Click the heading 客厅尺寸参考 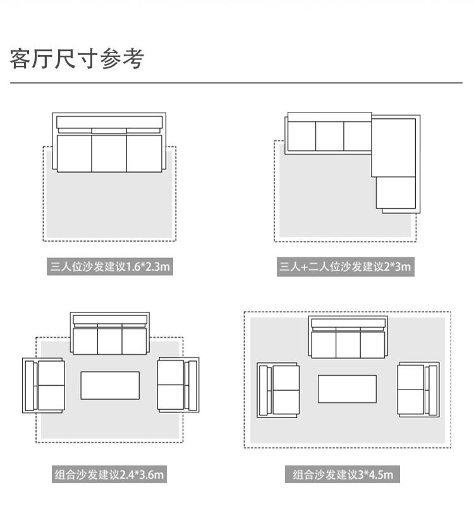click(x=76, y=59)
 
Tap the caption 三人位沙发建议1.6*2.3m click(x=110, y=266)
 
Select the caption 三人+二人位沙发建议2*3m click(x=345, y=266)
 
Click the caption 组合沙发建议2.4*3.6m click(x=109, y=474)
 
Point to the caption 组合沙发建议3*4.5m click(x=343, y=474)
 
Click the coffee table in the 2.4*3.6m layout click(x=110, y=385)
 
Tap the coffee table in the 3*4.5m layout click(x=348, y=389)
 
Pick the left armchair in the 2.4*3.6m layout click(x=44, y=385)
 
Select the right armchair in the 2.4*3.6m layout click(x=178, y=385)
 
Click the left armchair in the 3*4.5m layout click(x=278, y=390)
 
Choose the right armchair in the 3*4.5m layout click(x=418, y=390)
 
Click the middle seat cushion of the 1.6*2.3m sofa click(x=109, y=154)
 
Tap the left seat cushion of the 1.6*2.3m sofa click(x=74, y=154)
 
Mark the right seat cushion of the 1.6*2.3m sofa click(x=144, y=154)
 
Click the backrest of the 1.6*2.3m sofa click(x=109, y=123)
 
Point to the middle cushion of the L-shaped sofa click(x=330, y=136)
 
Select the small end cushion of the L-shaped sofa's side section click(x=396, y=193)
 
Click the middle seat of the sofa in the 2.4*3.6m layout click(x=110, y=341)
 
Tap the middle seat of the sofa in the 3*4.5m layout click(x=348, y=345)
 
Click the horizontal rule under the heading click(x=236, y=82)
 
